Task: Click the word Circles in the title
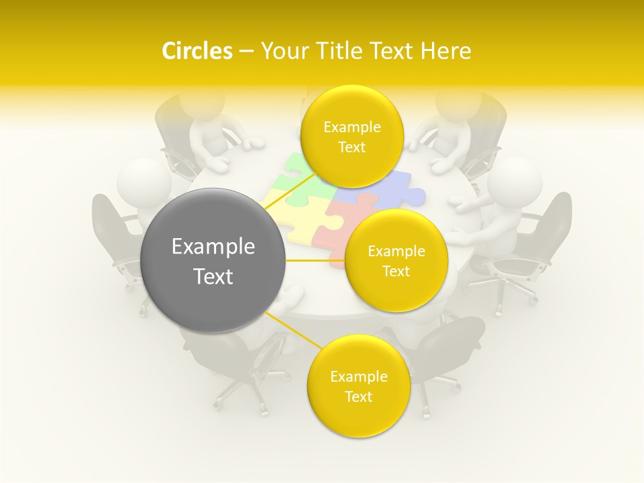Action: pyautogui.click(x=197, y=51)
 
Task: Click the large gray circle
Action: pyautogui.click(x=213, y=260)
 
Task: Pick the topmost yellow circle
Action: pyautogui.click(x=352, y=137)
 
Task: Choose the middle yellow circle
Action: pyautogui.click(x=396, y=260)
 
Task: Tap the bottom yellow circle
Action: pyautogui.click(x=358, y=386)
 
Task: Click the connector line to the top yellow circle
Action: pyautogui.click(x=290, y=192)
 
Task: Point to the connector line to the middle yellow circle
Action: pyautogui.click(x=315, y=260)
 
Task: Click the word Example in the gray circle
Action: pyautogui.click(x=213, y=247)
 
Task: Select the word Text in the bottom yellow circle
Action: pyautogui.click(x=358, y=396)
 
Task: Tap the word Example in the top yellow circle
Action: pyautogui.click(x=352, y=127)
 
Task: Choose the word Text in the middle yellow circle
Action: pyautogui.click(x=396, y=271)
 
